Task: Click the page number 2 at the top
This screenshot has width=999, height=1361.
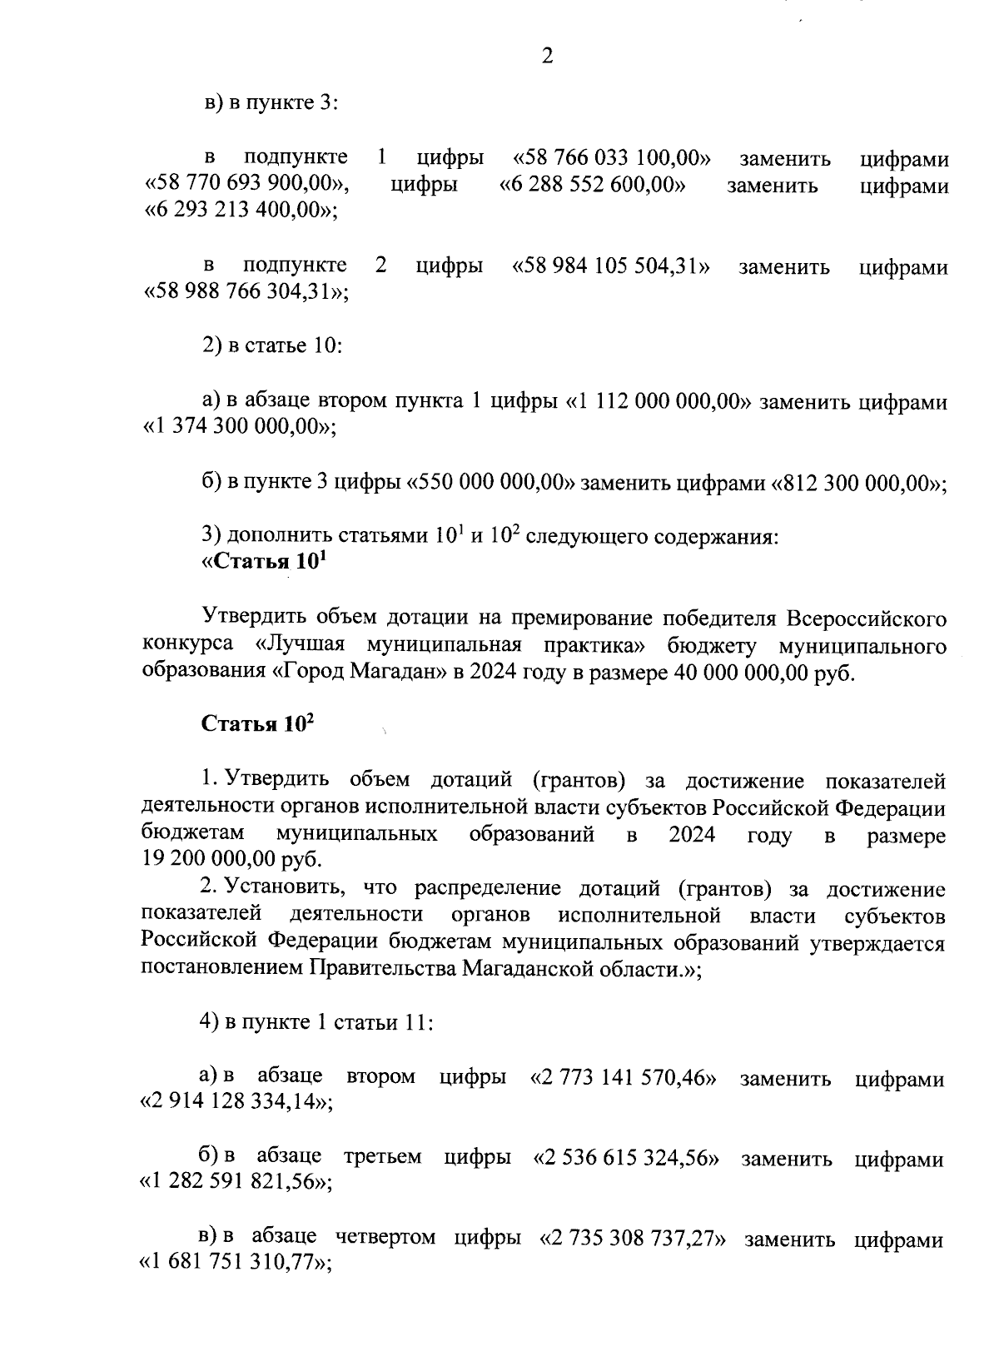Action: coord(547,56)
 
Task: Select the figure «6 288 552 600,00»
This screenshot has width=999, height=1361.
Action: coord(592,185)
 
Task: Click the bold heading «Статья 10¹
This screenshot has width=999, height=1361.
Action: coord(262,562)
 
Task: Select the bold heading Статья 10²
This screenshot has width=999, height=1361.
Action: coord(257,724)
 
